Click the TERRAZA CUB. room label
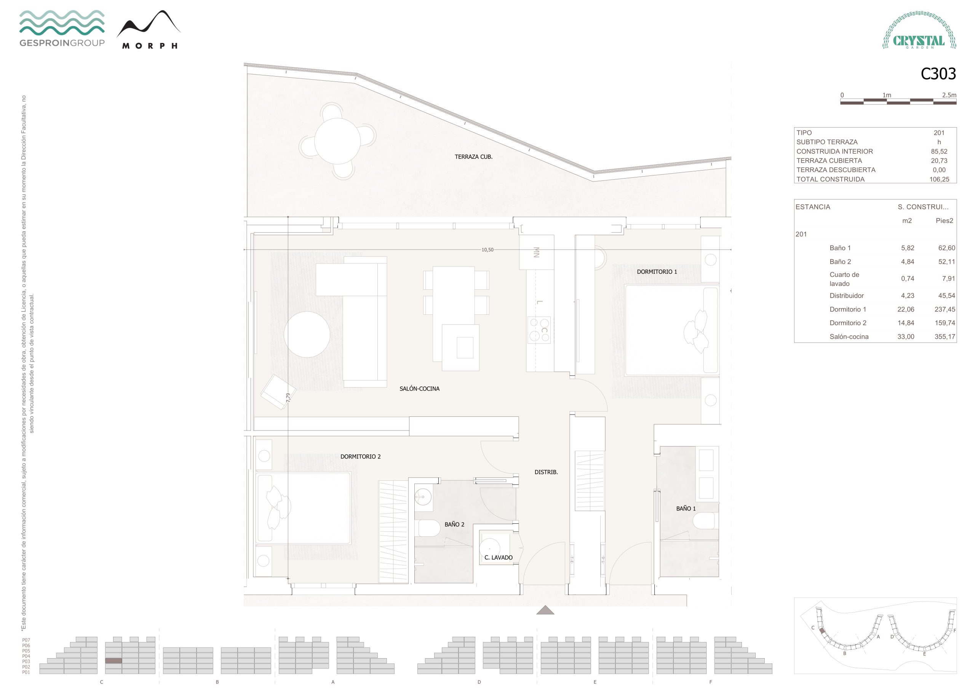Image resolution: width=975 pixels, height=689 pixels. pos(473,157)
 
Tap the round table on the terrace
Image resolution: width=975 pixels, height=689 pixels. pos(337,140)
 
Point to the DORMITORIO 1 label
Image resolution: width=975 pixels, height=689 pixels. pos(657,272)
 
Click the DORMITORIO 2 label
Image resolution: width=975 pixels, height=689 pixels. pos(360,456)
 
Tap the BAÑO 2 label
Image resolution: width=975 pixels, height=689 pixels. pos(454,524)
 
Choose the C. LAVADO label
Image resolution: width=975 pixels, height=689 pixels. pos(498,557)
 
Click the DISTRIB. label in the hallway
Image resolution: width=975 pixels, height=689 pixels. pos(546,472)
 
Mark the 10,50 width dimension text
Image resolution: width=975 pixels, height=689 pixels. pos(487,250)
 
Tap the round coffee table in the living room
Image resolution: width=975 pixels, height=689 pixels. pos(307,335)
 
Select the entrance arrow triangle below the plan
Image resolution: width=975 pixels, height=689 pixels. pos(545,610)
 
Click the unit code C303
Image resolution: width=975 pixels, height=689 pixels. pos(938,74)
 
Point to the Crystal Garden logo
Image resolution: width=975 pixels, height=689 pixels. pos(919,30)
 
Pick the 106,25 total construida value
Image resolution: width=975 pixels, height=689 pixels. pos(939,179)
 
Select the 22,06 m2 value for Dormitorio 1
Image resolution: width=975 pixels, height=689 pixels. pos(905,309)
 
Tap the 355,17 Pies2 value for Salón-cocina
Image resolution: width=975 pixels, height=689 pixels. pos(945,337)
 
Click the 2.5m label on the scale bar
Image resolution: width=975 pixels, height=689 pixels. pos(949,95)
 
